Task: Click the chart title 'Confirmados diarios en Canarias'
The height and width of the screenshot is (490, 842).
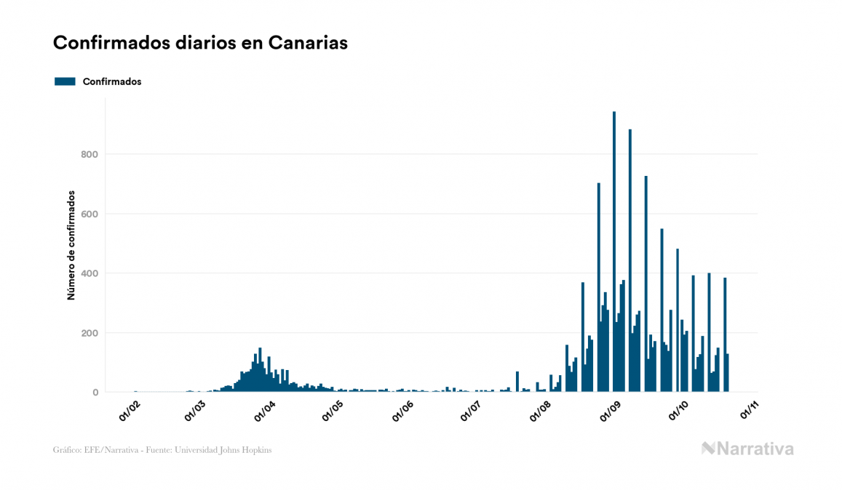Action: point(200,43)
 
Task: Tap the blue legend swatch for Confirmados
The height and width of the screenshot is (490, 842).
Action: point(65,81)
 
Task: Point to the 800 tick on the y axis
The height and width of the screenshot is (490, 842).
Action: point(90,154)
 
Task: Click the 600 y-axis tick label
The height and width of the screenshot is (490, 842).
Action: point(90,214)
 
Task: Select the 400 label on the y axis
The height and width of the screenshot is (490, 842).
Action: point(90,273)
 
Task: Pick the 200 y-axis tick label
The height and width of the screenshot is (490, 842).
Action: point(90,333)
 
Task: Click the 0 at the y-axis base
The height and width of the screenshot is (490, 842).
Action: point(95,393)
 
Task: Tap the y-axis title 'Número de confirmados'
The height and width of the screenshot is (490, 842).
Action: point(71,246)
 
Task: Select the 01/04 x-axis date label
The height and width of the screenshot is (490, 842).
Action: point(265,411)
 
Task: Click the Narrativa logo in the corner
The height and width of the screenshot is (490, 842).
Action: point(747,449)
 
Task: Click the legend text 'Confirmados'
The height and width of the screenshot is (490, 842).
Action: point(112,81)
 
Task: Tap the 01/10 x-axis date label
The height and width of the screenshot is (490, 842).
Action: point(680,411)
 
